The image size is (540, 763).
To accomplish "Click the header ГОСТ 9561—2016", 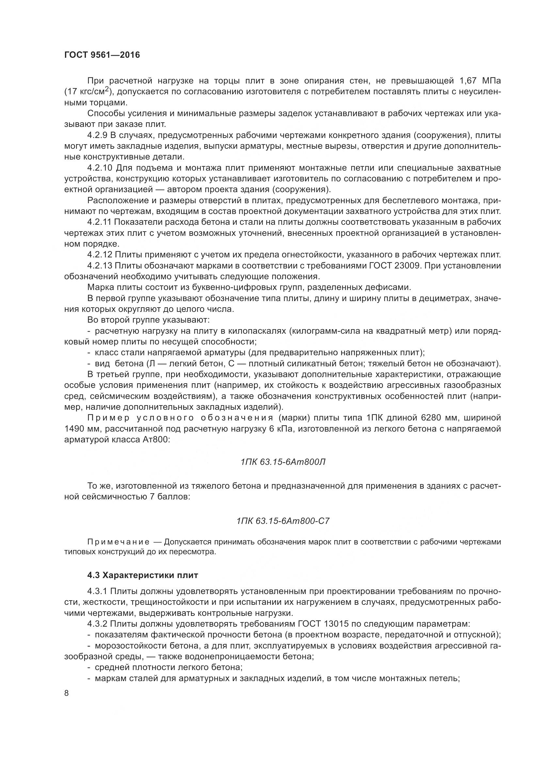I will (102, 55).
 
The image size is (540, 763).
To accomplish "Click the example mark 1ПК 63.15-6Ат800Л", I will (283, 462).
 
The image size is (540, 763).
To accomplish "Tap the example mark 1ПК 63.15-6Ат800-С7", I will (283, 521).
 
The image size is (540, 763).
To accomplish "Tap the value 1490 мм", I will (82, 429).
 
